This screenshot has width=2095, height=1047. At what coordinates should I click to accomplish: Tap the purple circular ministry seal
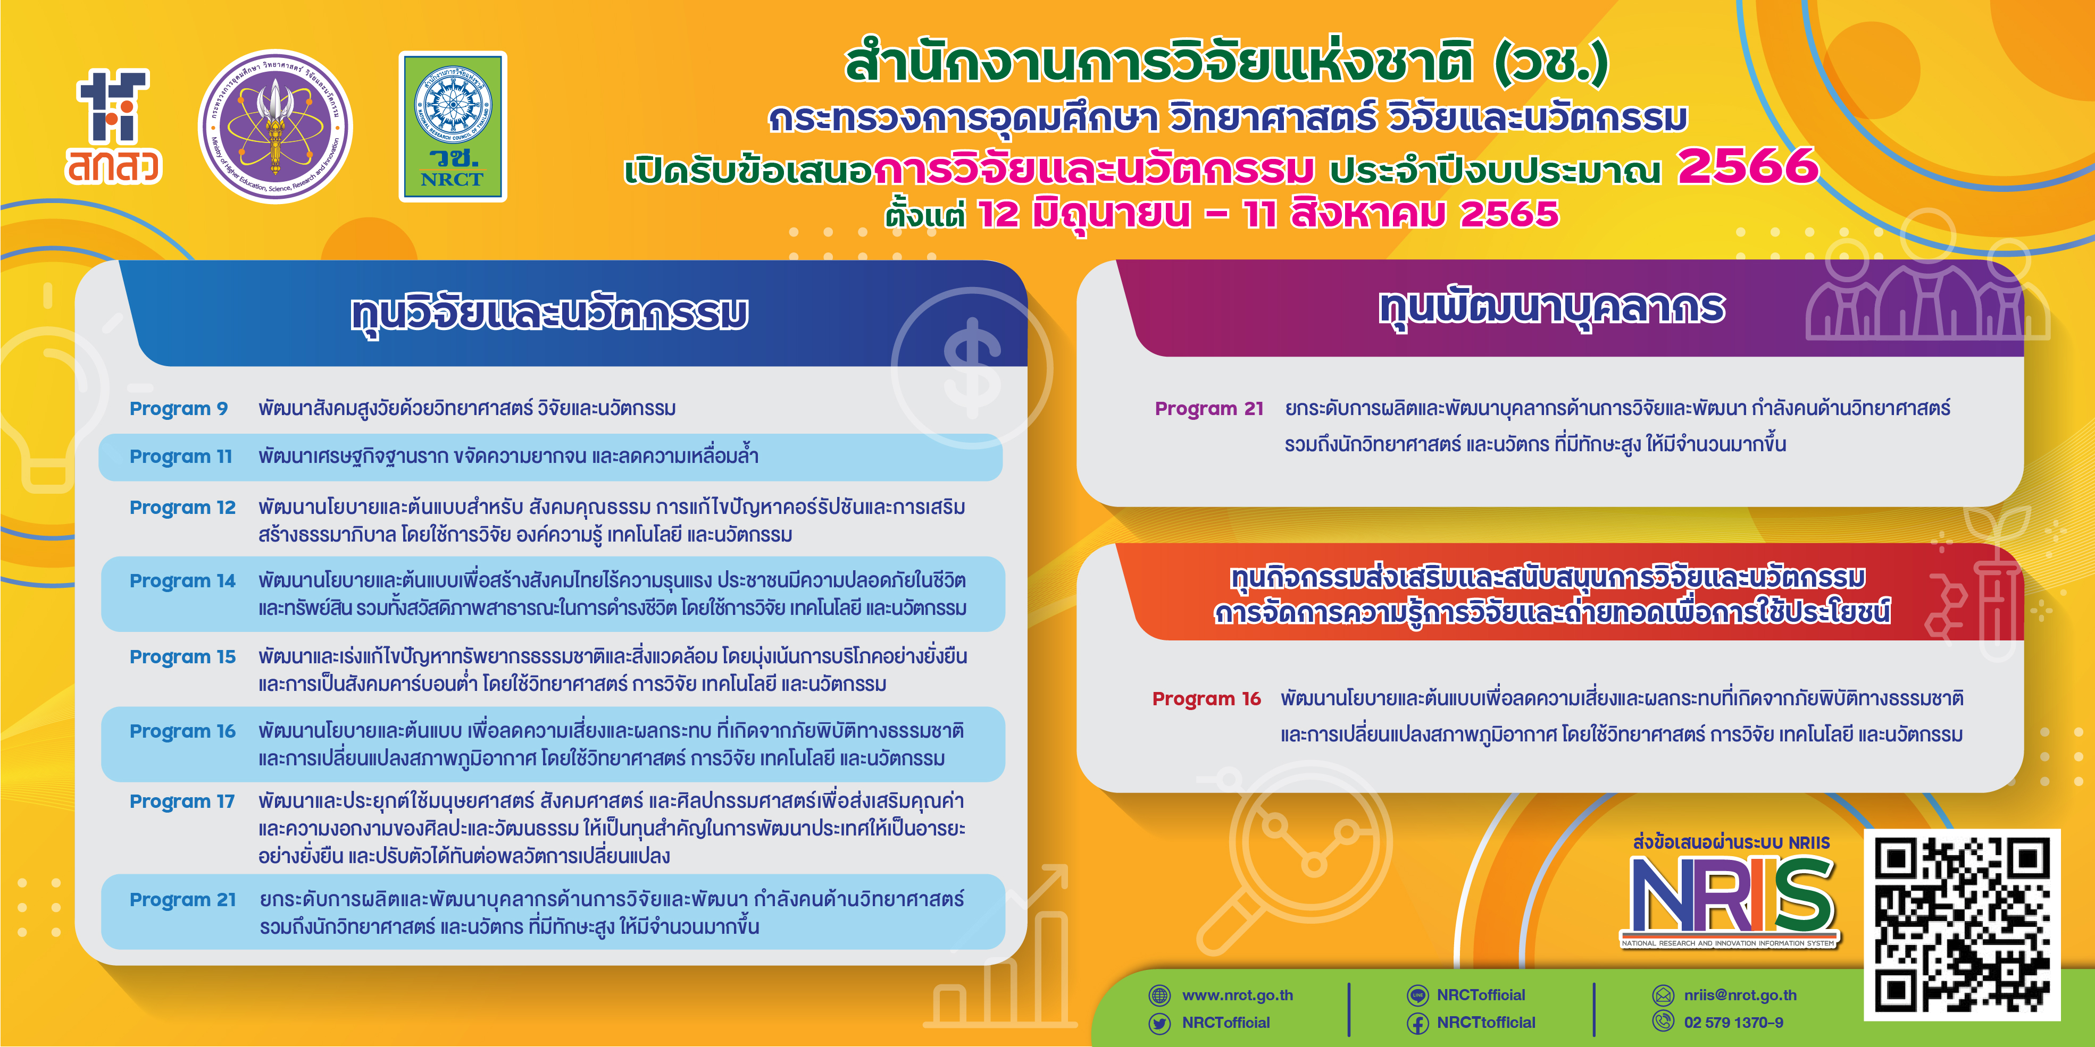point(276,127)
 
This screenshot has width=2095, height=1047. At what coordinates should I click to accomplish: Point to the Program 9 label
point(179,408)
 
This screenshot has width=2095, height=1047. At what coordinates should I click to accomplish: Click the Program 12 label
point(182,507)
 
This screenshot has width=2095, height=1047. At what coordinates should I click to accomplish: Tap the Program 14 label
point(182,580)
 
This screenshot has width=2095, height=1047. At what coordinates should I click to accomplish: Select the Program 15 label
point(182,657)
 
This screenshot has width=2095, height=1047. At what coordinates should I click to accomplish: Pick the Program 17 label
point(182,801)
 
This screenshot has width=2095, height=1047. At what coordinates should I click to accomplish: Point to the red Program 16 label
point(1206,698)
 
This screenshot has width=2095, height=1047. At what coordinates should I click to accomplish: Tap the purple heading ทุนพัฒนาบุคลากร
point(1552,308)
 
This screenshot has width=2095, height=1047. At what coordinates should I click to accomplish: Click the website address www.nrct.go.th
point(1237,995)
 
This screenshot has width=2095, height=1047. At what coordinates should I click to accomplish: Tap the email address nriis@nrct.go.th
point(1740,995)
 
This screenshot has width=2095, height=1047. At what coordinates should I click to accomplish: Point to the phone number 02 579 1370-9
point(1733,1023)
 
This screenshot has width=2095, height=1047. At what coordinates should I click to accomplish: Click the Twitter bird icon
point(1159,1023)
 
